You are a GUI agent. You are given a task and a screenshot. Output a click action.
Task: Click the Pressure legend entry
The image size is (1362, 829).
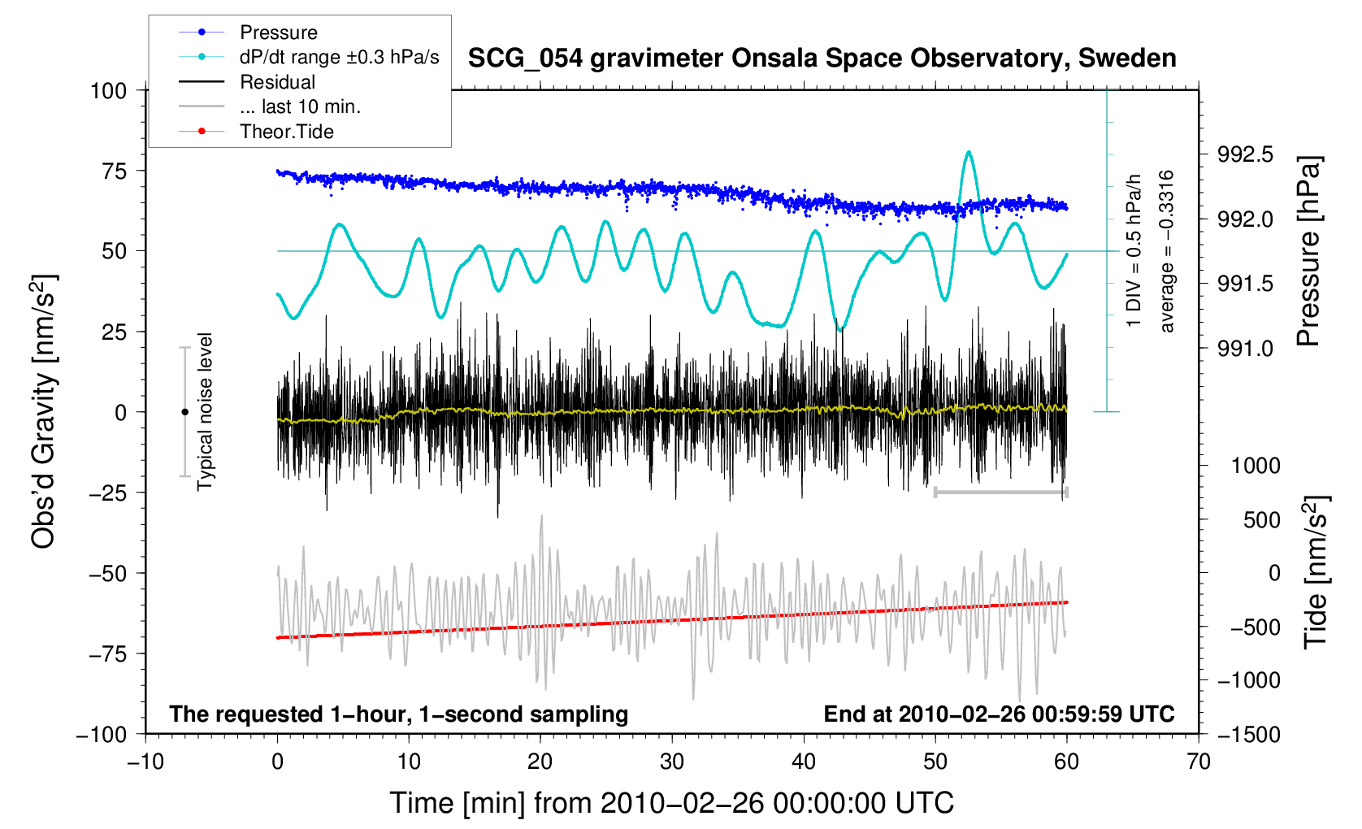click(x=278, y=33)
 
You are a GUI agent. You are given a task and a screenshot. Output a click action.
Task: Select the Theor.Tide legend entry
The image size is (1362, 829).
click(x=286, y=132)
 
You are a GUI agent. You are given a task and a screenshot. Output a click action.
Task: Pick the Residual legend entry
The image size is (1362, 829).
click(x=277, y=82)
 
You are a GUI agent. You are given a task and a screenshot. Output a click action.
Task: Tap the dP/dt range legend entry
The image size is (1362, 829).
click(x=339, y=57)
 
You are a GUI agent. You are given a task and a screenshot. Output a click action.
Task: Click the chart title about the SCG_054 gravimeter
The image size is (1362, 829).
click(x=822, y=59)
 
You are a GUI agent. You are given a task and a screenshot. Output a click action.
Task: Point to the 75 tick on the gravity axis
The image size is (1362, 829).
click(x=109, y=171)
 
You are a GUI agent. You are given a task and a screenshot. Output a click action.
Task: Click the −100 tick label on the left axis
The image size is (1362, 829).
click(x=102, y=735)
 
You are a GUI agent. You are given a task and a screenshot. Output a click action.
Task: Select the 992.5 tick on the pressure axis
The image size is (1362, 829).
click(x=1245, y=154)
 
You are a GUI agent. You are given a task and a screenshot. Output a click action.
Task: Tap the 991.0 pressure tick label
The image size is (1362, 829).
click(x=1245, y=349)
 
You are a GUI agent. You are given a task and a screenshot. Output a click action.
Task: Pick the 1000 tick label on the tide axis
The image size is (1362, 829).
click(x=1256, y=466)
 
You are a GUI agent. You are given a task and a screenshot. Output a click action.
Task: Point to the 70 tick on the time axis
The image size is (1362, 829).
click(x=1198, y=762)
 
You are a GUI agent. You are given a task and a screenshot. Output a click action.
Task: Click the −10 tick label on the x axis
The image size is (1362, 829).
click(x=145, y=762)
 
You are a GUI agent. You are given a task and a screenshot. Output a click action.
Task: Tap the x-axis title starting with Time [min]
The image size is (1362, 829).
click(x=671, y=803)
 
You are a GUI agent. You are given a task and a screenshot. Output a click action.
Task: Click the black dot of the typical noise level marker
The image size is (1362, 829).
click(x=184, y=412)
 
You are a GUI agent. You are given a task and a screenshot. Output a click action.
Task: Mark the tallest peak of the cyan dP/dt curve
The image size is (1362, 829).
click(x=968, y=152)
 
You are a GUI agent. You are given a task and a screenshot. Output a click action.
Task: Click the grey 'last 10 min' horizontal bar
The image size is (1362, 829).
click(x=1001, y=492)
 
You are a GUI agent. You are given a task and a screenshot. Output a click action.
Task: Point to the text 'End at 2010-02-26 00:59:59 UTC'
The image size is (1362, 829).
click(x=999, y=714)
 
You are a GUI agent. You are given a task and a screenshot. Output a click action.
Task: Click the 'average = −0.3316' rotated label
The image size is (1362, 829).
click(x=1167, y=251)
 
